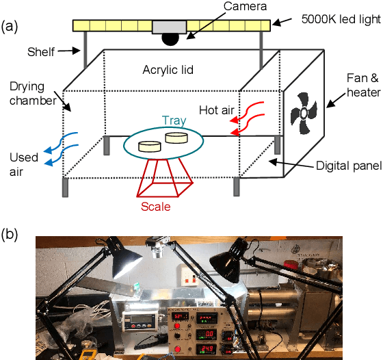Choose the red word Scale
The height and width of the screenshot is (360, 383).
click(156, 206)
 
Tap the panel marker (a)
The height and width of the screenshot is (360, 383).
click(10, 27)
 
